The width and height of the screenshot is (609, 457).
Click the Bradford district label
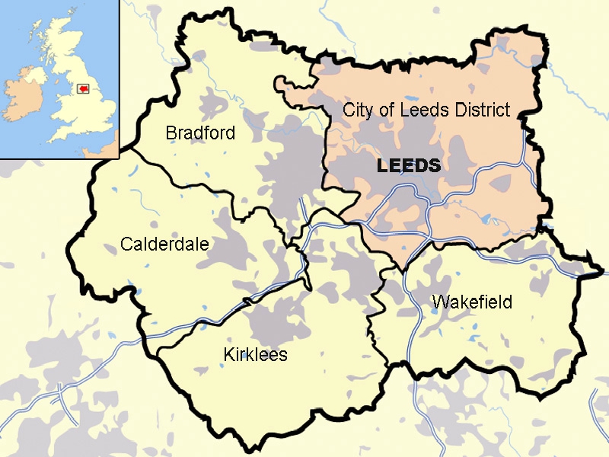(200, 133)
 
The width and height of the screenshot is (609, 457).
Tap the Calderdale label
(164, 244)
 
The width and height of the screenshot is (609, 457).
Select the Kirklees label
(255, 355)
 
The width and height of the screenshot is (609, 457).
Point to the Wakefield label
(471, 302)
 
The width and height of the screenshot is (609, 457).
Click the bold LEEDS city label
(409, 166)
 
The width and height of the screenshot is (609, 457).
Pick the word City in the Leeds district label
(359, 110)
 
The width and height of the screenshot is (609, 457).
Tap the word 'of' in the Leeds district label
(387, 110)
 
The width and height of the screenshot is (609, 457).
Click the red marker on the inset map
(81, 88)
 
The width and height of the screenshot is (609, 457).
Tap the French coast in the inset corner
(110, 149)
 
